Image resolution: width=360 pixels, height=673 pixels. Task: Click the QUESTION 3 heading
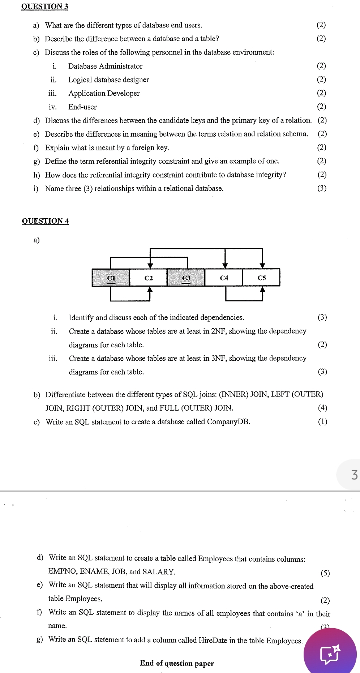pyautogui.click(x=45, y=6)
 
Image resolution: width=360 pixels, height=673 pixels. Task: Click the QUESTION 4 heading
pyautogui.click(x=45, y=221)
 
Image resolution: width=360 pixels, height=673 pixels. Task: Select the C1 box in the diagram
pyautogui.click(x=111, y=278)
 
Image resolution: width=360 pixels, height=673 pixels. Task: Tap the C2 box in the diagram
pyautogui.click(x=149, y=278)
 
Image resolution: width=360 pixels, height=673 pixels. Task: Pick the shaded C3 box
pyautogui.click(x=186, y=278)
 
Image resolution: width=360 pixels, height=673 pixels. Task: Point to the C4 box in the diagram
pyautogui.click(x=224, y=278)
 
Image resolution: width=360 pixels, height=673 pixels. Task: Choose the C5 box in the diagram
pyautogui.click(x=262, y=278)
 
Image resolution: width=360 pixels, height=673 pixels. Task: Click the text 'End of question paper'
pyautogui.click(x=177, y=663)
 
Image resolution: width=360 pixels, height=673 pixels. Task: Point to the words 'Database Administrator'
pyautogui.click(x=105, y=66)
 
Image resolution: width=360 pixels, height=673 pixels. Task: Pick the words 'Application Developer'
pyautogui.click(x=104, y=93)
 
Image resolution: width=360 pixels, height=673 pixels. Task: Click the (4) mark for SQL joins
pyautogui.click(x=322, y=408)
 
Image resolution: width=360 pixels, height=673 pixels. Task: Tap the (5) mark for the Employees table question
pyautogui.click(x=325, y=573)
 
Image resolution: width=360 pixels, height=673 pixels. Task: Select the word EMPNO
pyautogui.click(x=62, y=571)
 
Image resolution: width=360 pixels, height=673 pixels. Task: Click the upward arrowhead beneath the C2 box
pyautogui.click(x=150, y=290)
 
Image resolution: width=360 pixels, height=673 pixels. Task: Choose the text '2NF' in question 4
pyautogui.click(x=219, y=331)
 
